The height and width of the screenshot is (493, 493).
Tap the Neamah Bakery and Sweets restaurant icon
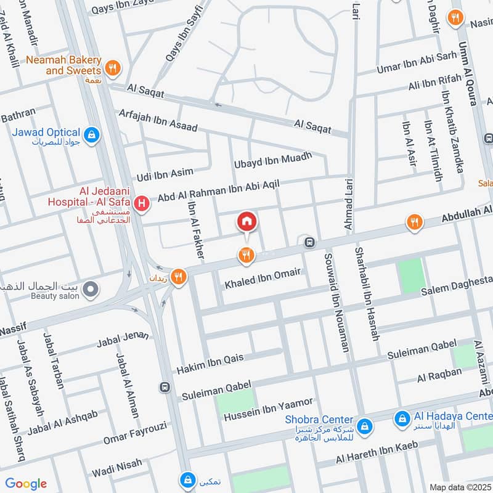[112, 68]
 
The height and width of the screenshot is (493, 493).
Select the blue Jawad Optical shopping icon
[91, 134]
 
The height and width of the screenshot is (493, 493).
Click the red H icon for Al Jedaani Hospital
[142, 203]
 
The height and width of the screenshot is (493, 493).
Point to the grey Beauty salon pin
[91, 288]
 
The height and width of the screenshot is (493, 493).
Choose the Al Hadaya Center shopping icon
[402, 419]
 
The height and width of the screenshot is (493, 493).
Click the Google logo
[26, 484]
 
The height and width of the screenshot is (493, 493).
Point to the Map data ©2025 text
[459, 487]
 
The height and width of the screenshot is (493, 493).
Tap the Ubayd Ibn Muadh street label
[273, 161]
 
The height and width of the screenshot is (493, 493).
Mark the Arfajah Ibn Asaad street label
[158, 118]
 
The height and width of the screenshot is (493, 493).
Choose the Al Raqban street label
[439, 374]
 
